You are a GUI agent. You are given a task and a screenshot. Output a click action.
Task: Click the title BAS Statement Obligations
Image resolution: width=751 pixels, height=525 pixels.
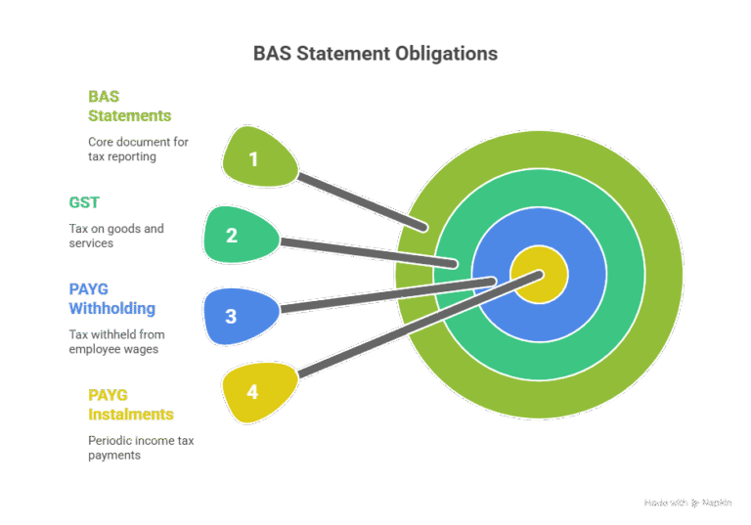375,54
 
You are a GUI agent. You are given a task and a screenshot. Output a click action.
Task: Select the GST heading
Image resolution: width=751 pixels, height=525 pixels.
84,202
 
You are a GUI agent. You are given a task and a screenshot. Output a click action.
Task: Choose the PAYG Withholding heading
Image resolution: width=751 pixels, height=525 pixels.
111,298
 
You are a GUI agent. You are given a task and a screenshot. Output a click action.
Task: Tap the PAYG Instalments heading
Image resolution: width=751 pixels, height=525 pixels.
130,405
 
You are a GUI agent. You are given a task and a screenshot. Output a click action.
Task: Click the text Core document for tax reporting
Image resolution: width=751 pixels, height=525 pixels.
137,149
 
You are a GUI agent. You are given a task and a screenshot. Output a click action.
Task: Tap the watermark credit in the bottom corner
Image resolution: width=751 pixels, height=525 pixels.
688,503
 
